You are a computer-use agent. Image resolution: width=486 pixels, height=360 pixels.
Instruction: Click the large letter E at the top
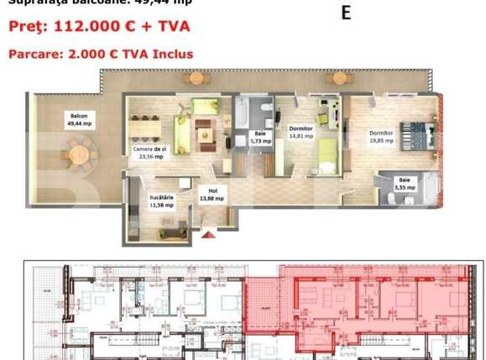pos(345,13)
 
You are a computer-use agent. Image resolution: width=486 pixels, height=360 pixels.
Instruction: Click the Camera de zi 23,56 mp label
pos(149,152)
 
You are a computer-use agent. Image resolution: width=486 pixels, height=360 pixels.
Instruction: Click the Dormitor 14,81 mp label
pos(300,132)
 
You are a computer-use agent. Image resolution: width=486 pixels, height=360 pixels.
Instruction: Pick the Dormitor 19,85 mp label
pos(383,136)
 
